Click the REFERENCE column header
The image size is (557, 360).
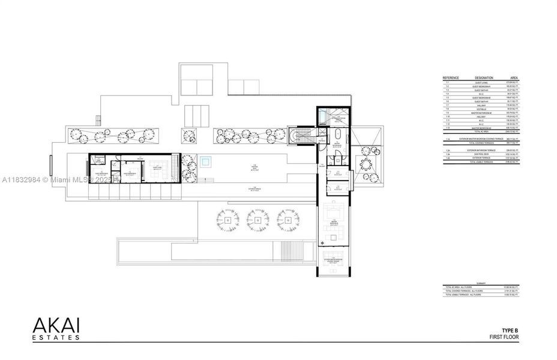(451, 78)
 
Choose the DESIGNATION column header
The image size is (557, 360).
(484, 78)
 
